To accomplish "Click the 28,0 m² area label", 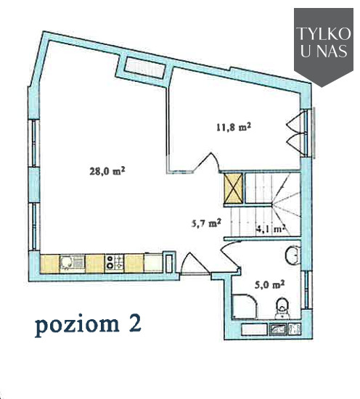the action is click(x=107, y=170).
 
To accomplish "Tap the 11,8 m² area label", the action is click(x=234, y=127).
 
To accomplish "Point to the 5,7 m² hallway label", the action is click(x=206, y=223).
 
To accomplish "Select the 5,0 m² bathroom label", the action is click(x=269, y=284).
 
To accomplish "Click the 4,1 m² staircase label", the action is click(x=270, y=229).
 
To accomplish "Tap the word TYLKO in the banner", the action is click(x=324, y=33).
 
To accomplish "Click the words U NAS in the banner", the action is click(x=324, y=51).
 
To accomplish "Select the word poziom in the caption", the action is click(x=77, y=325).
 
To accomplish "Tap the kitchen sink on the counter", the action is click(x=72, y=263).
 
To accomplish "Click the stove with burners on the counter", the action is click(x=114, y=263).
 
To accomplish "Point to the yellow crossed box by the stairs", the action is click(x=233, y=189).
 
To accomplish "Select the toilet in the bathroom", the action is click(x=282, y=308).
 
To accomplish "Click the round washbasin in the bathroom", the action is click(x=293, y=255).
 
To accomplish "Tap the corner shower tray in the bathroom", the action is click(x=245, y=306).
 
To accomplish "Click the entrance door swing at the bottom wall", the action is click(x=195, y=264).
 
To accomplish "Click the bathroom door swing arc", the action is click(x=230, y=254).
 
